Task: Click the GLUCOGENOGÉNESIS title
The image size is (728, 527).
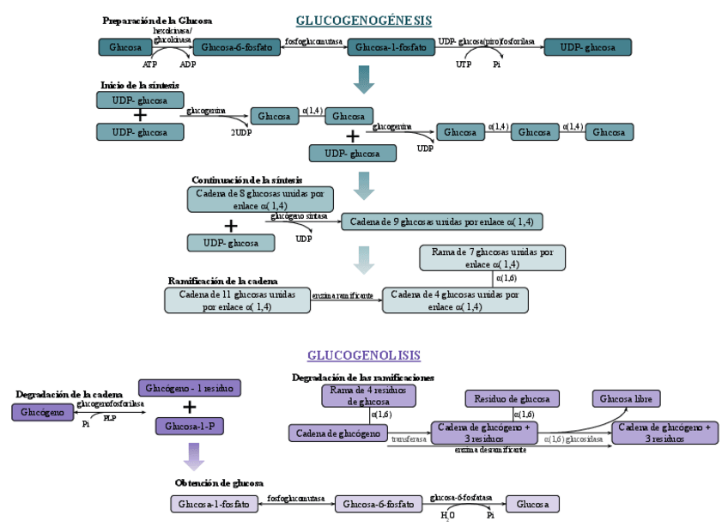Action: (363, 21)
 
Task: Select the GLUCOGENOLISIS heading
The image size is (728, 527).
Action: (364, 355)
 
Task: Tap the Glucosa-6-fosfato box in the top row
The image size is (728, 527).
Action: (237, 47)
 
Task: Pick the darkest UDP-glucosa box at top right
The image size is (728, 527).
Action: (587, 47)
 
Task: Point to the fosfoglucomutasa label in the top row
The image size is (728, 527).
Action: (313, 41)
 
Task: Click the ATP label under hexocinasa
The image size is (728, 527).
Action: (150, 64)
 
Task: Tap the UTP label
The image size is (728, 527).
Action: (464, 64)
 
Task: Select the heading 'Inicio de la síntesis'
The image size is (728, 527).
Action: (140, 84)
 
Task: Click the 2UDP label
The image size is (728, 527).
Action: (241, 133)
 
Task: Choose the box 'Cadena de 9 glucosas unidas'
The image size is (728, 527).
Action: (441, 222)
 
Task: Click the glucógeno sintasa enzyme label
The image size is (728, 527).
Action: (299, 217)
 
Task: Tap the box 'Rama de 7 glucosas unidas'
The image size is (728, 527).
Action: (492, 257)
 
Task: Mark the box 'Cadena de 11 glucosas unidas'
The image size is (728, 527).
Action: (237, 300)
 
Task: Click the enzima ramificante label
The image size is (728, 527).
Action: (342, 295)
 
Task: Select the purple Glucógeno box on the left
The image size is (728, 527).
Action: (41, 412)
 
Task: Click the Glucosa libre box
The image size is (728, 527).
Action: (626, 398)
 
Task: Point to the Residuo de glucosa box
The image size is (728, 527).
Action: (512, 398)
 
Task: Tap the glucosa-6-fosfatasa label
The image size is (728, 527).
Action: (460, 498)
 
